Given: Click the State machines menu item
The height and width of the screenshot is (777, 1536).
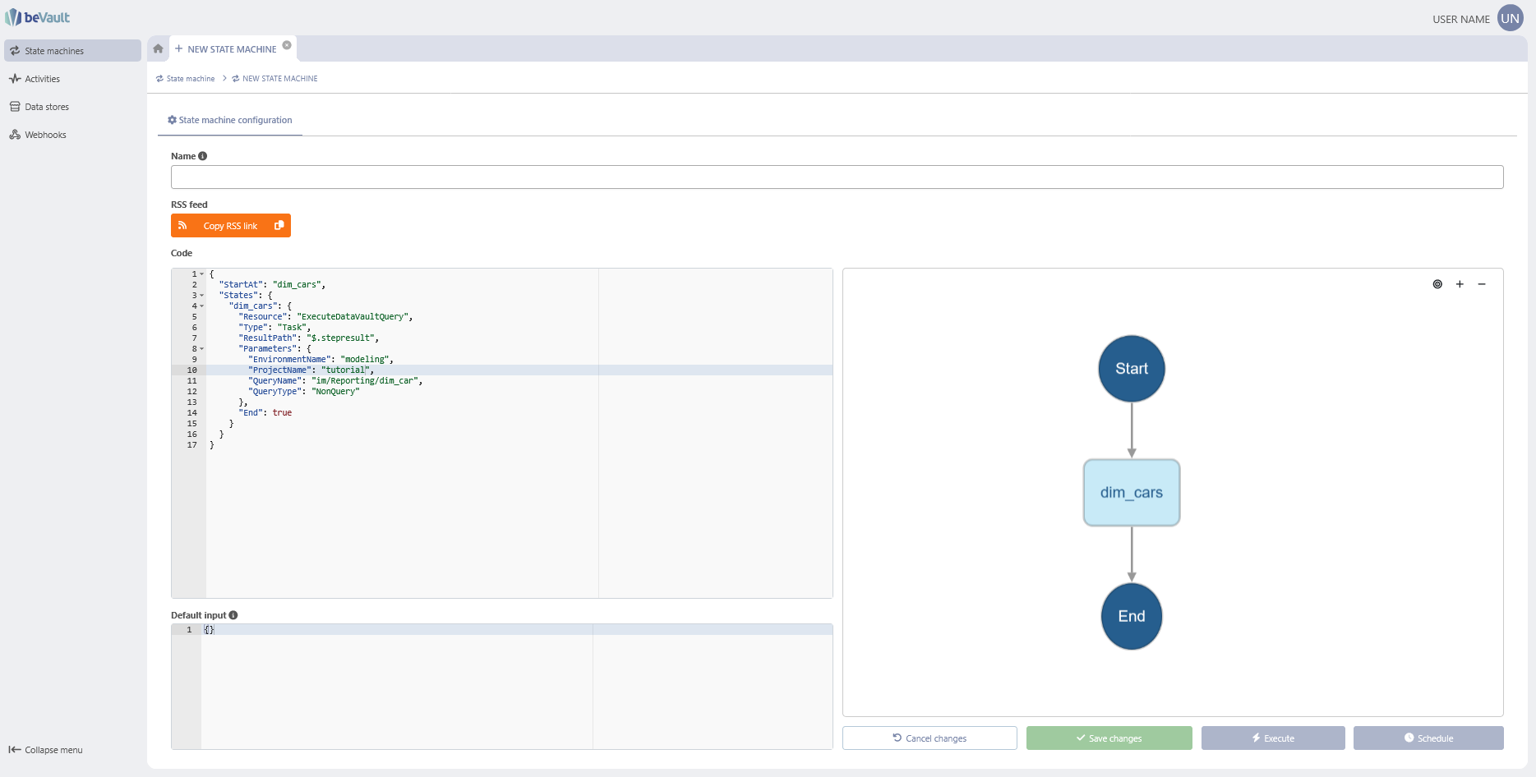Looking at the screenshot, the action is (x=72, y=51).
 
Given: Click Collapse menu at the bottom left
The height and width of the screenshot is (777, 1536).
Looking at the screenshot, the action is (x=46, y=750).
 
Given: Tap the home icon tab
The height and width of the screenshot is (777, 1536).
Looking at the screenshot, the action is (x=159, y=48).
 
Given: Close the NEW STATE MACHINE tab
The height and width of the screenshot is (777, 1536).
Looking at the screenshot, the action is (x=287, y=45).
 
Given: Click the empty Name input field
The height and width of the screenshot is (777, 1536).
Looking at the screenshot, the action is (x=837, y=177).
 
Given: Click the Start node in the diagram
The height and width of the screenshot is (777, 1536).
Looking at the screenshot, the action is (x=1131, y=369).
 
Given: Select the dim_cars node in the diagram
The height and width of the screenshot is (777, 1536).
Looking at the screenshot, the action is (x=1131, y=493).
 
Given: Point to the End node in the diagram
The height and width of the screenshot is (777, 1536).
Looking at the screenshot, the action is (x=1131, y=616).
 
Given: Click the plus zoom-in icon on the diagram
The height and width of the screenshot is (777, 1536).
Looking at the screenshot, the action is (x=1460, y=284).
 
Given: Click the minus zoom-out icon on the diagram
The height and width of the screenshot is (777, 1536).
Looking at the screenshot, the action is (x=1482, y=284).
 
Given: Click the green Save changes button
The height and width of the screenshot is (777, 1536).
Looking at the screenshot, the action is (x=1109, y=738).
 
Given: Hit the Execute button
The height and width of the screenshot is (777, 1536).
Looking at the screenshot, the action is (x=1273, y=738).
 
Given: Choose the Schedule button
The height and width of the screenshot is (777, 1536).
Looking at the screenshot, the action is (x=1428, y=738).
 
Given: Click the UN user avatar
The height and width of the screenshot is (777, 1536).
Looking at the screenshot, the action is (x=1511, y=18).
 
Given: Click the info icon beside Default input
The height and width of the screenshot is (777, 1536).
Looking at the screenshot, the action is (x=233, y=615).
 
